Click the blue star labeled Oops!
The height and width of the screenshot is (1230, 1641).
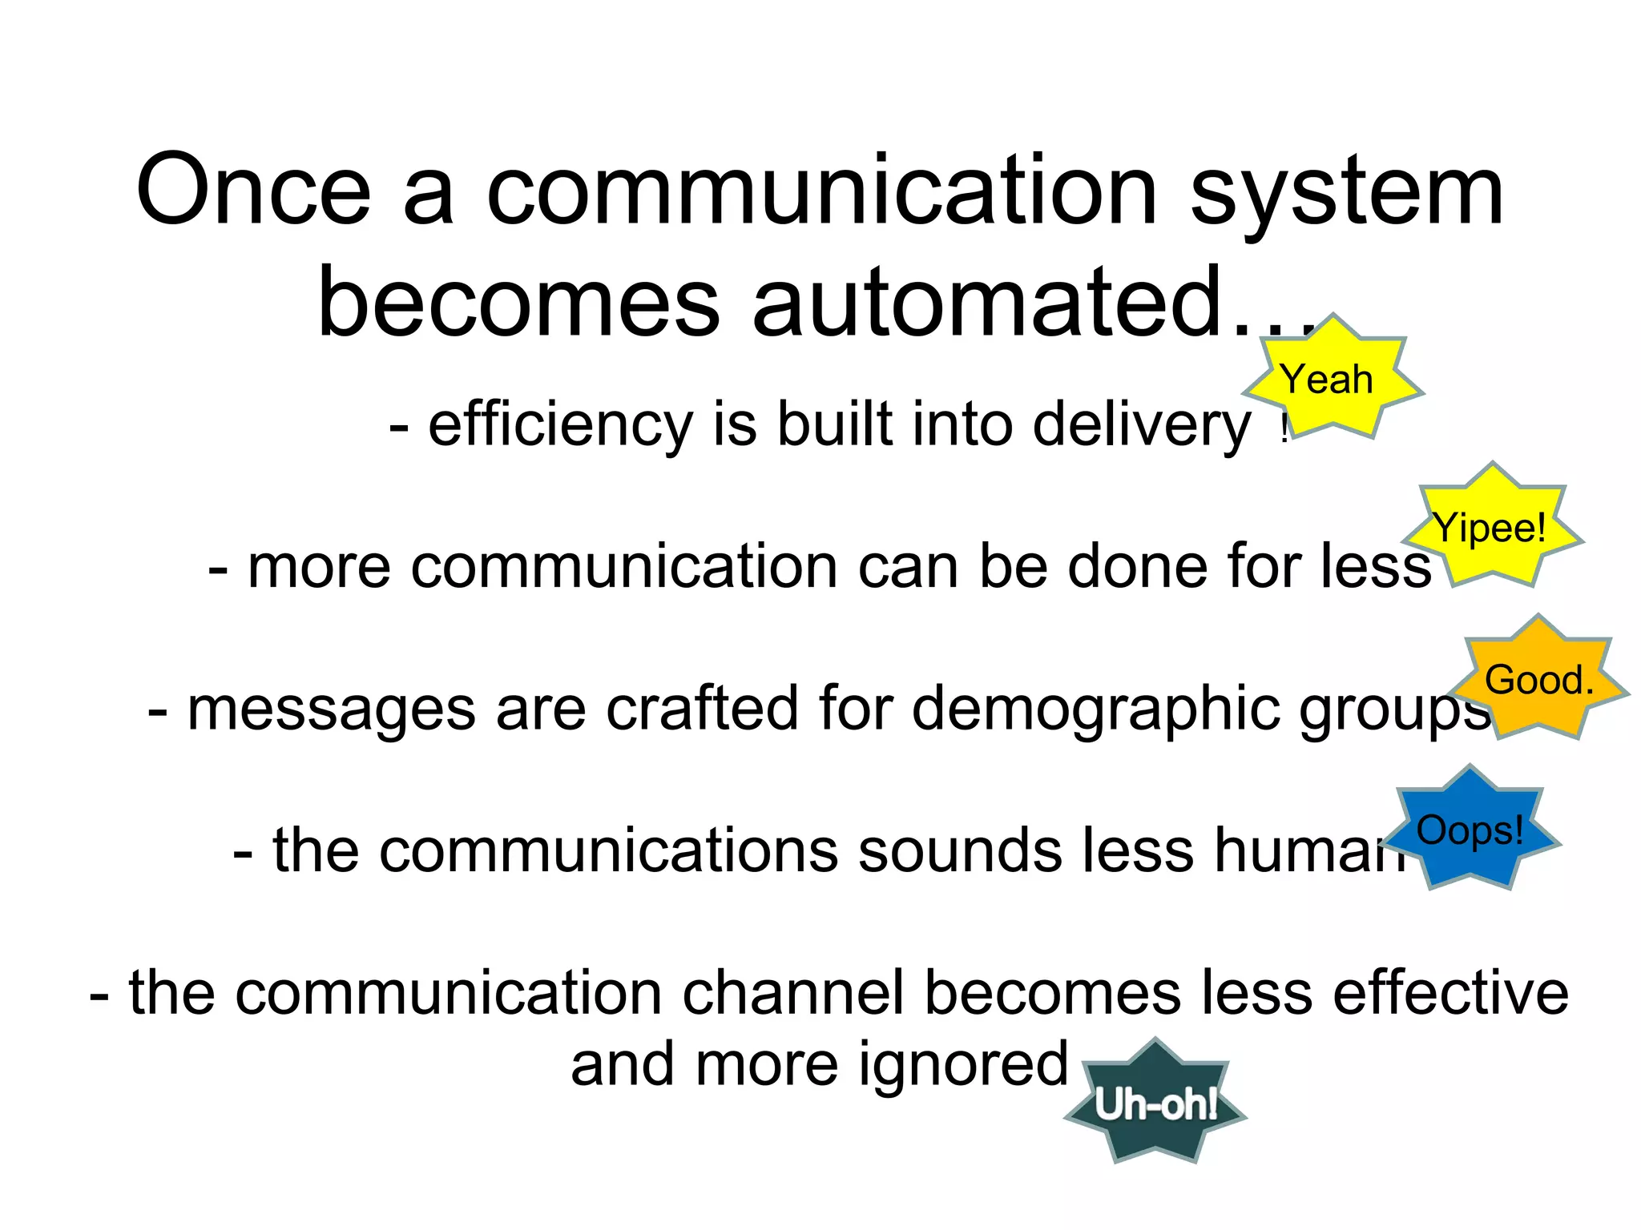pyautogui.click(x=1470, y=830)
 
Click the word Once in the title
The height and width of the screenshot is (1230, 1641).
pyautogui.click(x=253, y=191)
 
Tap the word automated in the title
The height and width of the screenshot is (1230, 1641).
pyautogui.click(x=986, y=303)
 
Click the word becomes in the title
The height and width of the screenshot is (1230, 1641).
pyautogui.click(x=518, y=303)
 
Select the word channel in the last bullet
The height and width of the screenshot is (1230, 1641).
pyautogui.click(x=793, y=993)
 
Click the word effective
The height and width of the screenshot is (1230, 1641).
pyautogui.click(x=1450, y=993)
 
